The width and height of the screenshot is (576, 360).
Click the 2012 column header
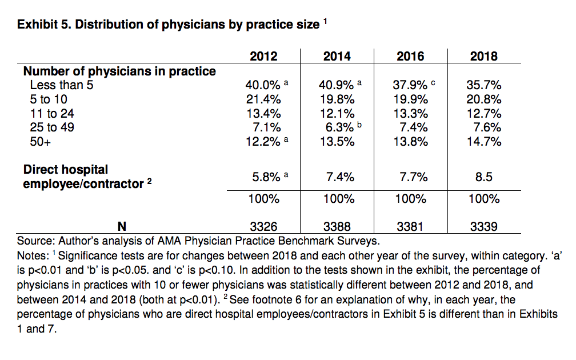click(x=263, y=56)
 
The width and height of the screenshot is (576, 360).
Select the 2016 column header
click(x=410, y=56)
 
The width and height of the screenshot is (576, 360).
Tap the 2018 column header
click(x=483, y=56)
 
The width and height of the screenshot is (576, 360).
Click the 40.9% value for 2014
click(x=337, y=85)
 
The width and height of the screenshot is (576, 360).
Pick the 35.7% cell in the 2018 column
click(x=483, y=85)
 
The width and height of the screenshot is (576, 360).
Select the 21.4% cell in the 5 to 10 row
click(x=263, y=99)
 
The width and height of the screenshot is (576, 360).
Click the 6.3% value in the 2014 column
click(x=337, y=127)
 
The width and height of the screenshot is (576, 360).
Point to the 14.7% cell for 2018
click(x=483, y=142)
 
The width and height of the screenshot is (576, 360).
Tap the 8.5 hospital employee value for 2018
click(x=483, y=177)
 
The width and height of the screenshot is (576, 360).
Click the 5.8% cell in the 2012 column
click(x=263, y=177)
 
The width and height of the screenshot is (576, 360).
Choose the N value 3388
click(x=337, y=227)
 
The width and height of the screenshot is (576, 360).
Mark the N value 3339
click(x=483, y=227)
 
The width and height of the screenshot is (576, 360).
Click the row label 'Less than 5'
click(x=61, y=86)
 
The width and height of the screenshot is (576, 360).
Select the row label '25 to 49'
click(x=52, y=127)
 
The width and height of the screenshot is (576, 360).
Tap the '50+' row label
click(x=41, y=142)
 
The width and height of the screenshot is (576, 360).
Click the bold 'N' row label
click(x=121, y=227)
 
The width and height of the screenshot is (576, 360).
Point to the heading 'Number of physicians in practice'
click(x=119, y=71)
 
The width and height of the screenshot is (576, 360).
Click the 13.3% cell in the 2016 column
click(x=410, y=113)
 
